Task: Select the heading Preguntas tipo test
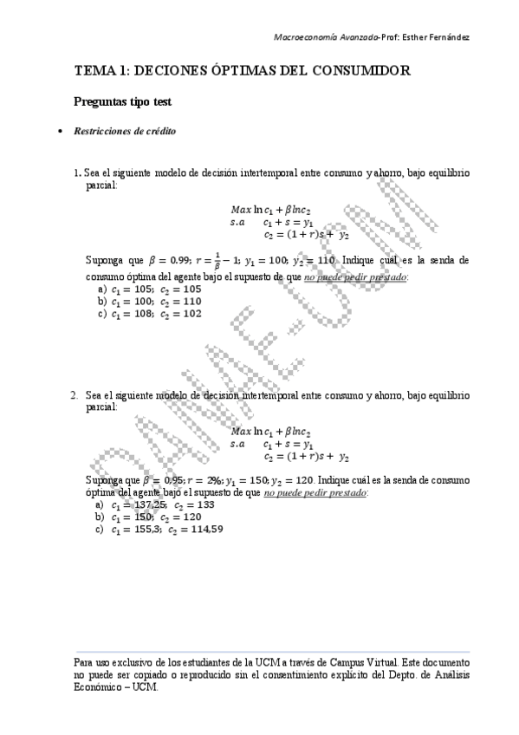122,102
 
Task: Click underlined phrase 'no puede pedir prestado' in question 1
355,276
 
